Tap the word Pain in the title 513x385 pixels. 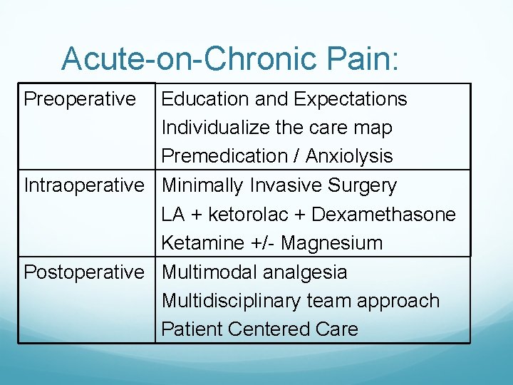[357, 58]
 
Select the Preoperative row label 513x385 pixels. [80, 99]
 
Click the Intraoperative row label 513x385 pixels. [84, 185]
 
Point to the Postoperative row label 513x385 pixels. [84, 272]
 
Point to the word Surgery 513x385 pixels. [362, 186]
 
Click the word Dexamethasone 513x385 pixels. [383, 215]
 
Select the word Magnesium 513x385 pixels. [331, 244]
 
